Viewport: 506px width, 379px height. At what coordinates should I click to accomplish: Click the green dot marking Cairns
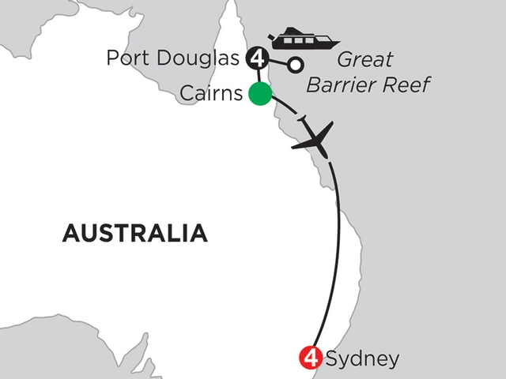[259, 94]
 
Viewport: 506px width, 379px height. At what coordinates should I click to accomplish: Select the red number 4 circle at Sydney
[310, 358]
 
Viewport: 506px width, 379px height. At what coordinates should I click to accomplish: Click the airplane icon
[313, 139]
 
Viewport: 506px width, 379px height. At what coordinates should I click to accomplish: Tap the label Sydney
[360, 359]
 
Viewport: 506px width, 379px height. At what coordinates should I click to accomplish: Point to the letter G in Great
[345, 61]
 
